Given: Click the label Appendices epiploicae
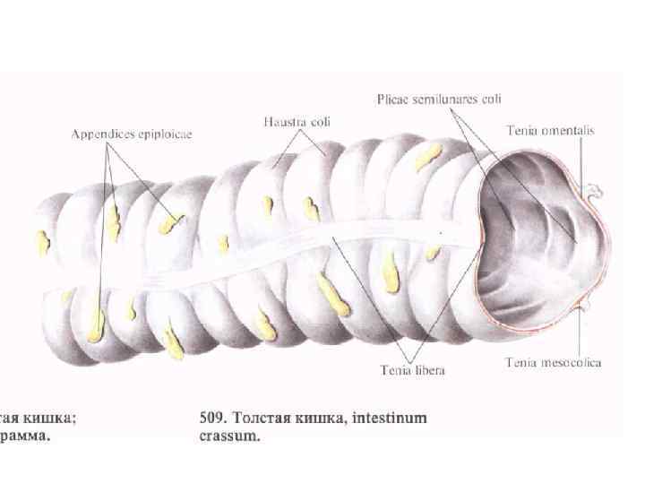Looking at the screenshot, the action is [x=133, y=134].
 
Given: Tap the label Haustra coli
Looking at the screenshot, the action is [x=297, y=121].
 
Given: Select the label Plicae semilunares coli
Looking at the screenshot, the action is [x=438, y=99].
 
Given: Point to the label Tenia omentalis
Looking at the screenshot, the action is [x=550, y=131].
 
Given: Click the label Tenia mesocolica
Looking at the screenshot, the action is [x=553, y=363].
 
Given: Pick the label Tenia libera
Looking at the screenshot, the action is [x=412, y=368].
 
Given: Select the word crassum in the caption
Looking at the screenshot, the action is [x=228, y=437].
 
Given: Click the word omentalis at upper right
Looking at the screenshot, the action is [x=566, y=131].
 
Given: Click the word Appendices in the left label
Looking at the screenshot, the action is [x=102, y=134].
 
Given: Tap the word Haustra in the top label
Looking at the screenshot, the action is [x=283, y=121].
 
